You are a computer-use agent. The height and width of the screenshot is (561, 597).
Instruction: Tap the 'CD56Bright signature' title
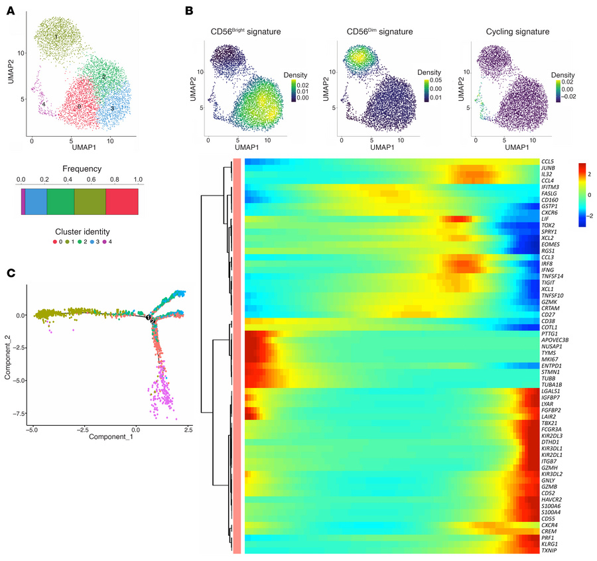tap(245, 31)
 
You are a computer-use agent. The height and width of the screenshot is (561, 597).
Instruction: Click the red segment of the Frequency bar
tap(121, 201)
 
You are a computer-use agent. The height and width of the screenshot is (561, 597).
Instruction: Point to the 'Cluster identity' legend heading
tap(78, 231)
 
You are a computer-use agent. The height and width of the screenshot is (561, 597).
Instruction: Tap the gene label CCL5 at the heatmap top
tap(548, 161)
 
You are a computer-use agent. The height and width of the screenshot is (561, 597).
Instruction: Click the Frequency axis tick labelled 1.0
tap(138, 180)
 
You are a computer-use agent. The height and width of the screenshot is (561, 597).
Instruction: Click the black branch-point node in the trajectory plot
tap(151, 318)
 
